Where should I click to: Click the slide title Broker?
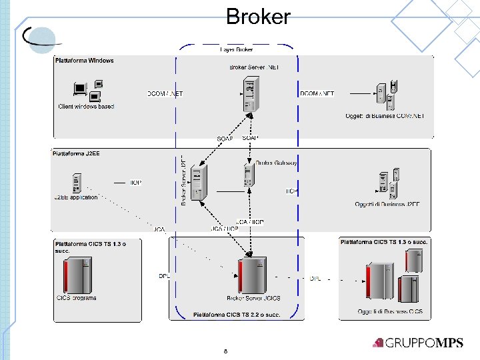(x=258, y=16)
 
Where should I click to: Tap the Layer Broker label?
(x=237, y=49)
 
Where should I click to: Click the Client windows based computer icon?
(x=87, y=91)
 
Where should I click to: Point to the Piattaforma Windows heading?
(x=84, y=61)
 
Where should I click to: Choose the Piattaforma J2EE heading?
(x=75, y=153)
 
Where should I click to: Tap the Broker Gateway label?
(x=276, y=163)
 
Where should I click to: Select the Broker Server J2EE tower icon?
(x=197, y=183)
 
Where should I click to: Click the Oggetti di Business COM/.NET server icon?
(x=387, y=94)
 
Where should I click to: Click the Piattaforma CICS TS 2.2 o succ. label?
(x=237, y=314)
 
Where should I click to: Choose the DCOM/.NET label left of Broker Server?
(x=165, y=94)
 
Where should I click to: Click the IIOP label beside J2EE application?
(x=135, y=183)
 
